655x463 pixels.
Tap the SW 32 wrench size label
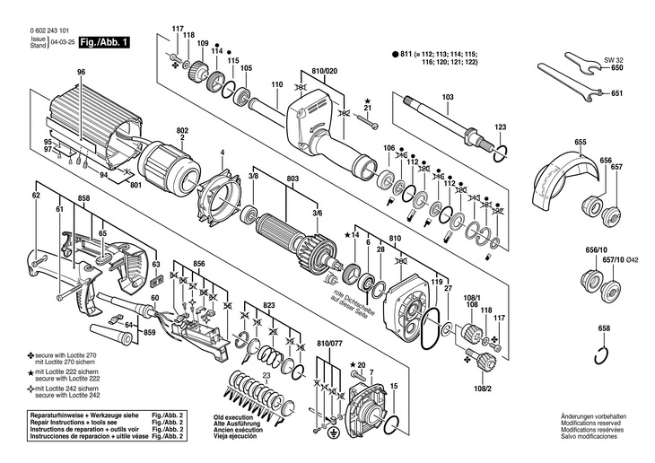(615, 57)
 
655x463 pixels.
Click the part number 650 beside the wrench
(616, 68)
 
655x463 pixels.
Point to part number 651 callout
(616, 93)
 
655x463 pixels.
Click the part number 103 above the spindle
(448, 96)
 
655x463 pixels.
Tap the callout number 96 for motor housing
(81, 72)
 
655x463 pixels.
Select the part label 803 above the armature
(292, 179)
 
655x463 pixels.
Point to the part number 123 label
(501, 127)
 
